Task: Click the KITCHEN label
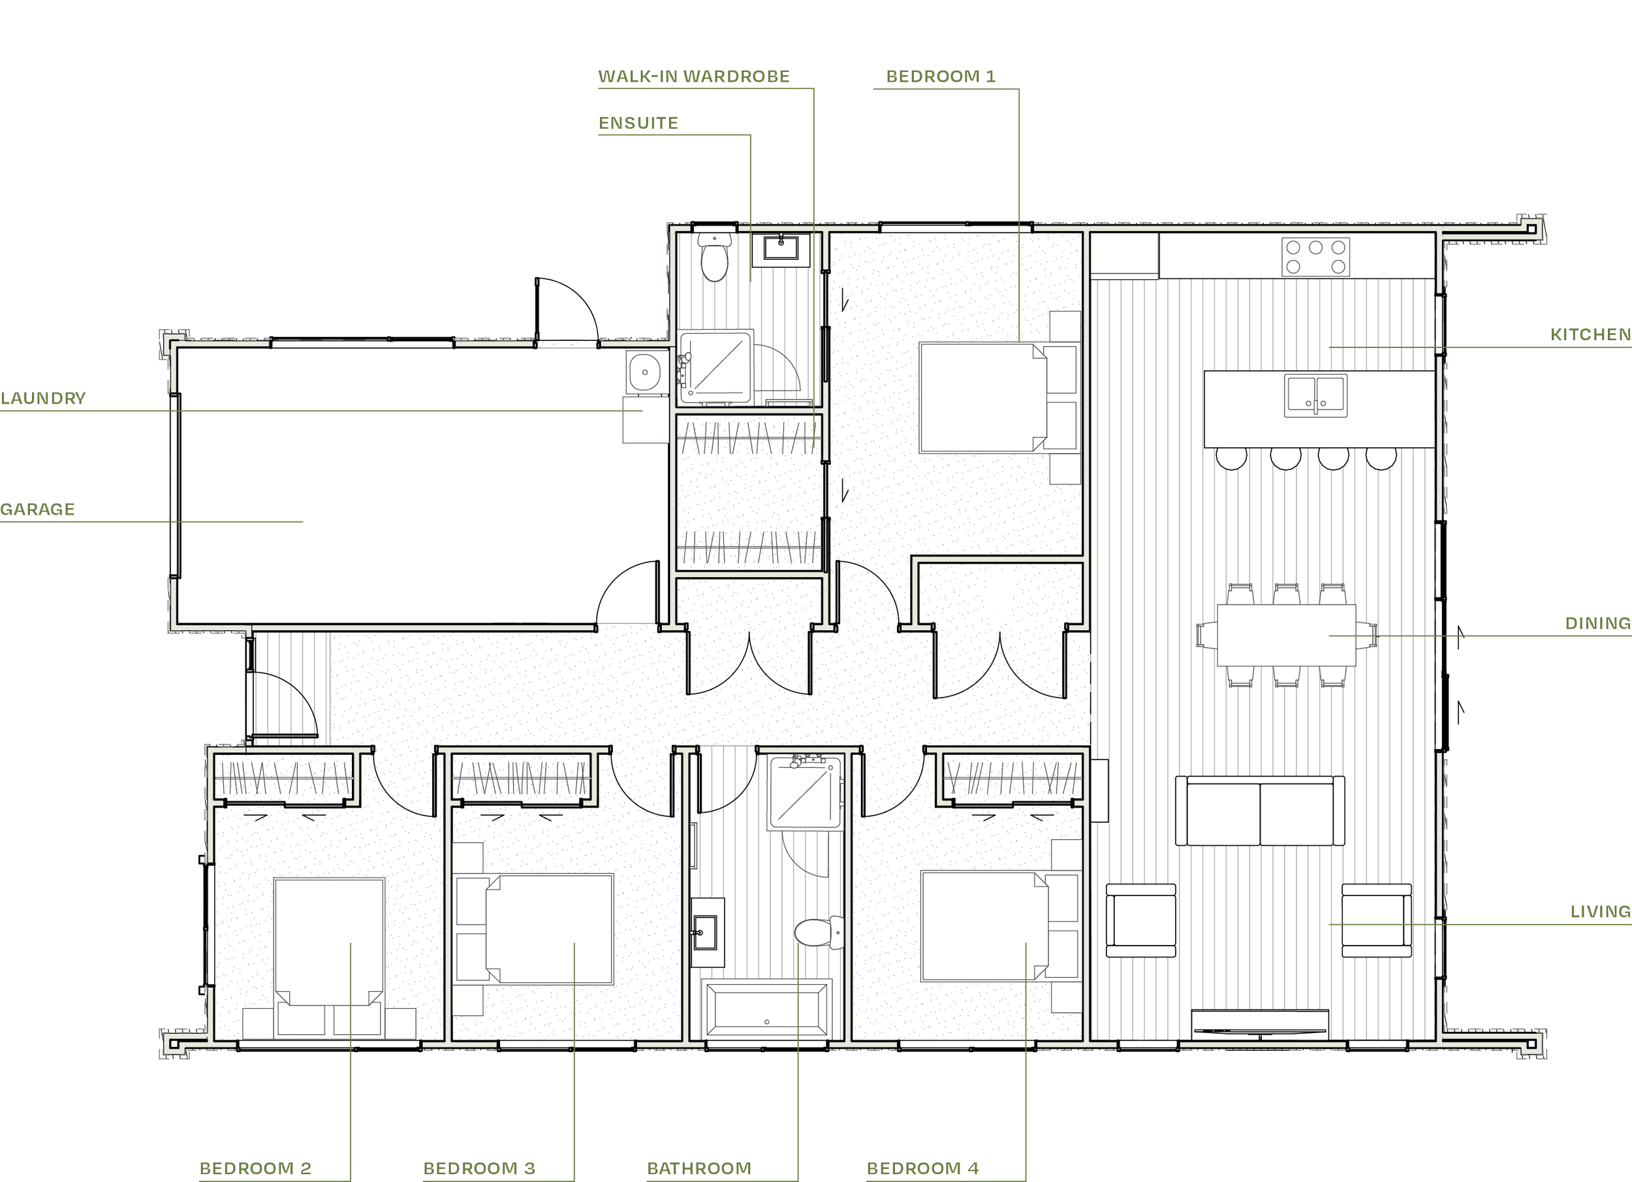coord(1590,335)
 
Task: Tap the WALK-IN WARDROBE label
coord(694,77)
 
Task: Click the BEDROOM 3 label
coord(479,1168)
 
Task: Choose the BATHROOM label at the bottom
coord(698,1168)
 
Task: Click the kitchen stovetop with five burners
coord(1315,257)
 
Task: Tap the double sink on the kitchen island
coord(1315,396)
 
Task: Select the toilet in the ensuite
coord(715,257)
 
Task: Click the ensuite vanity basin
coord(781,248)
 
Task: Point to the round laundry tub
coord(645,372)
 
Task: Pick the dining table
coord(1286,635)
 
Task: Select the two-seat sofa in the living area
coord(1260,810)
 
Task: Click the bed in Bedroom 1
coord(983,398)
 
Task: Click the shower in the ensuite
coord(717,366)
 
